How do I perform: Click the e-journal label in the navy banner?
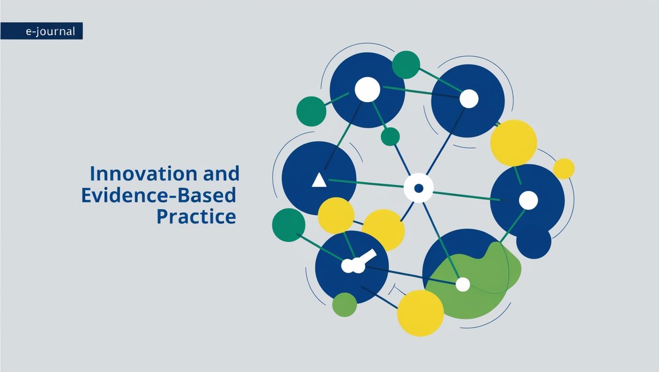[50, 32]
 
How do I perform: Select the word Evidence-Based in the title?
[158, 195]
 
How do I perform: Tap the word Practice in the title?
[196, 216]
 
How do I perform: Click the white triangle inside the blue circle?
[319, 180]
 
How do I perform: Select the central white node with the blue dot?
[419, 188]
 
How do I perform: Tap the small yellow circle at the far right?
[564, 169]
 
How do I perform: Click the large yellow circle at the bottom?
[420, 313]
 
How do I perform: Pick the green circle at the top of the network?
[406, 65]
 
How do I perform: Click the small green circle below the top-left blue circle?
[390, 136]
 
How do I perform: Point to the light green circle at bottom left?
[344, 305]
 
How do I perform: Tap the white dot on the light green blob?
[462, 284]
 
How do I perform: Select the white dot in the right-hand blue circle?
[528, 200]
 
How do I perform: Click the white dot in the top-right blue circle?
[469, 99]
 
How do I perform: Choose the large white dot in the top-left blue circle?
[368, 89]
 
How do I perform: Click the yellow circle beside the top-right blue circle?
[514, 143]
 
